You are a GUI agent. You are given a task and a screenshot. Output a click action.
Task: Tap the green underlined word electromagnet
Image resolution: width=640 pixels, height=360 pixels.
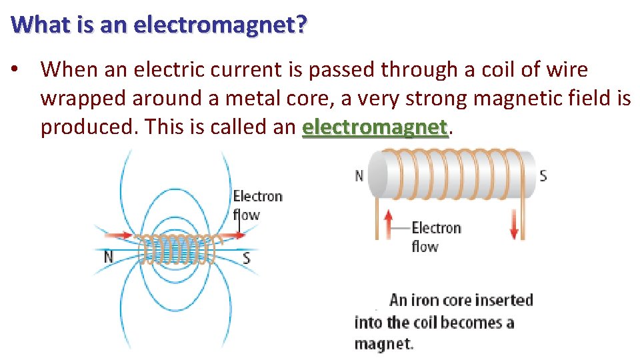[374, 126]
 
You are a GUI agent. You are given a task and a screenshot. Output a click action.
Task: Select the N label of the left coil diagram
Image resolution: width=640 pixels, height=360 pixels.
[108, 256]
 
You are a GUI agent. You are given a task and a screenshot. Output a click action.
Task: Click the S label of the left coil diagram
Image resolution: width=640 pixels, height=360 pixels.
[247, 257]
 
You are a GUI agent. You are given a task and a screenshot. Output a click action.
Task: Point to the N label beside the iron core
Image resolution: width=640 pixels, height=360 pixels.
[359, 176]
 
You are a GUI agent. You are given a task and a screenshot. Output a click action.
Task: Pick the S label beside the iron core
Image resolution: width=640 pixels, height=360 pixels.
[543, 176]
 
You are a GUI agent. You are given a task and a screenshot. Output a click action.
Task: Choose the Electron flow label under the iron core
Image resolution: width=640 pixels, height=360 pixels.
[435, 237]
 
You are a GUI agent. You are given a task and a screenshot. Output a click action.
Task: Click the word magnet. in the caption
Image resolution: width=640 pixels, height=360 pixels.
[383, 344]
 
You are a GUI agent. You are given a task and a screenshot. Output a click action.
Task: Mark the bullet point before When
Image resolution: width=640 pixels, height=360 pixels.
[22, 69]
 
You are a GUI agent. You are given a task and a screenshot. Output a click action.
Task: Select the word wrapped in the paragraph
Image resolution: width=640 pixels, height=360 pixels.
[83, 98]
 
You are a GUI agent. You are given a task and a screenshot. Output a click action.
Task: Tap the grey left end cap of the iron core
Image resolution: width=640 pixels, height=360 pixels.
[378, 174]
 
